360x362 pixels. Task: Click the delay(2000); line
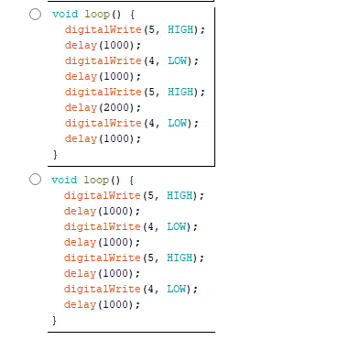point(102,107)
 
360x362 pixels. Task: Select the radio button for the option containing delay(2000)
point(35,15)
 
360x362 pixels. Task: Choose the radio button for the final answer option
point(35,180)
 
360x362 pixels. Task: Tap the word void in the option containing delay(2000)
point(64,15)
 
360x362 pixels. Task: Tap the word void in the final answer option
point(64,180)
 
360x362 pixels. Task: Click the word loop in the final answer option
point(96,180)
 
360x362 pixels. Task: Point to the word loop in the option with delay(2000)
point(96,15)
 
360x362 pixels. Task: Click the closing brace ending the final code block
point(54,320)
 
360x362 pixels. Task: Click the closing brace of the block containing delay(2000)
point(54,154)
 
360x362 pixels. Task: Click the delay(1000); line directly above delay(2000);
point(102,76)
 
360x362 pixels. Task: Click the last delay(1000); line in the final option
point(102,304)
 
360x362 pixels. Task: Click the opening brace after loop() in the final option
point(132,180)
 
